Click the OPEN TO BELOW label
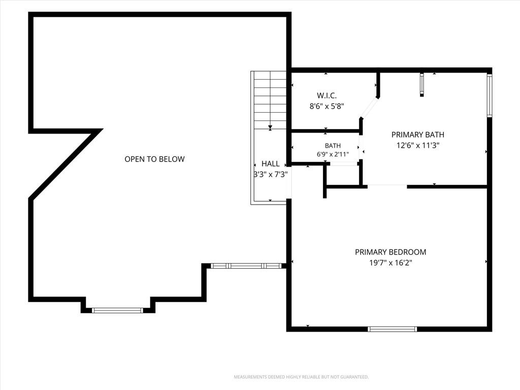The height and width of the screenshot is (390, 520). tap(154, 159)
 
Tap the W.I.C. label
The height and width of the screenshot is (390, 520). tap(327, 95)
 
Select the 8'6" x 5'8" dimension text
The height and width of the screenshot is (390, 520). tap(327, 107)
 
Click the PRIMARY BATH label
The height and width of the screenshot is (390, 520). tap(417, 135)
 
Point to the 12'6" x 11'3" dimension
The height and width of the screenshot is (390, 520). tap(417, 145)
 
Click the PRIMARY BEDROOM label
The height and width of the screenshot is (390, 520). tap(391, 252)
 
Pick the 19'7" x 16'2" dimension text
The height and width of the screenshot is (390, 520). tap(391, 263)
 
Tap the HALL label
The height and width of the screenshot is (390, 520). tap(270, 164)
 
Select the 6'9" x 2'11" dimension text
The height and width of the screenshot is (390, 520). tap(333, 154)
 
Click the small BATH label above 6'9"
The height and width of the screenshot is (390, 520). tap(333, 146)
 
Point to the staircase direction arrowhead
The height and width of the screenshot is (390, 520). tap(270, 127)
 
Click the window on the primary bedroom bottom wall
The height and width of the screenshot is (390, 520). tap(392, 329)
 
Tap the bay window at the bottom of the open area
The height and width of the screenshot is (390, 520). tap(117, 310)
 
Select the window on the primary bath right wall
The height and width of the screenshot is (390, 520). tap(489, 95)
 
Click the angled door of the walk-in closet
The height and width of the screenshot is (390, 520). tap(370, 108)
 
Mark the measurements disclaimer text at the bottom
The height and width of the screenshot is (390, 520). tap(301, 377)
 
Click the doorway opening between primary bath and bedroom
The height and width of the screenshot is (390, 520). tap(387, 186)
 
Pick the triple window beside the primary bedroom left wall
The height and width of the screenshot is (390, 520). tap(246, 266)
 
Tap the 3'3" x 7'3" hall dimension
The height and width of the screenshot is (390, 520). tap(270, 175)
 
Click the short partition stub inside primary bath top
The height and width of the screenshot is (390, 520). tap(422, 85)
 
